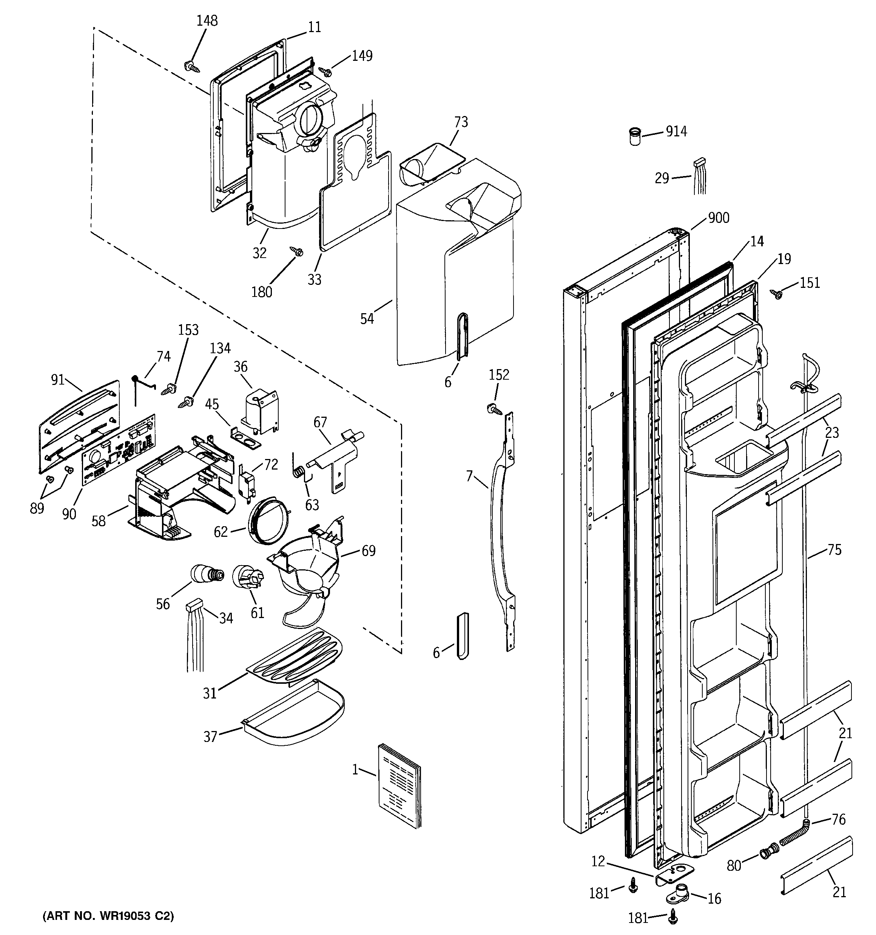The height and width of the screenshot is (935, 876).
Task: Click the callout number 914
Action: click(676, 132)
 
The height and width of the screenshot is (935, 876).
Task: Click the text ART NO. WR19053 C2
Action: click(108, 916)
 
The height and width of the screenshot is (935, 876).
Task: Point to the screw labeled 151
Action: click(777, 294)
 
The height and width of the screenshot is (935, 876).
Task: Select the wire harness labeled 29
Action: click(700, 176)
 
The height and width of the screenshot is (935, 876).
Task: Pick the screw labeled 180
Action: click(296, 252)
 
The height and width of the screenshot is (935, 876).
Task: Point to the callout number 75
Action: click(834, 549)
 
